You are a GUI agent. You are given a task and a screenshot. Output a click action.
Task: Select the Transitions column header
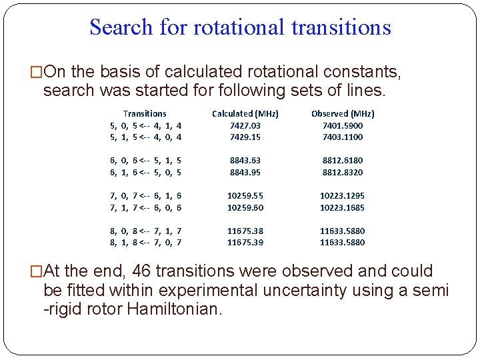pyautogui.click(x=145, y=114)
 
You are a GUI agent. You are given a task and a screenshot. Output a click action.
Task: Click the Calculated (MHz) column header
pyautogui.click(x=245, y=114)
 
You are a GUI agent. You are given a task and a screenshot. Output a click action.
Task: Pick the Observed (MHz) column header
pyautogui.click(x=343, y=114)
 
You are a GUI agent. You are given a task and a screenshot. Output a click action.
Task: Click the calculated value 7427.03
pyautogui.click(x=245, y=125)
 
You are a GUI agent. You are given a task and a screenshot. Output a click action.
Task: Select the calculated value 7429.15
pyautogui.click(x=245, y=137)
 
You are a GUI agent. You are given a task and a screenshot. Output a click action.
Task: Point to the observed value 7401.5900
pyautogui.click(x=343, y=125)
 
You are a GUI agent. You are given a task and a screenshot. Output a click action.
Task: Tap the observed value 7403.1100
pyautogui.click(x=343, y=137)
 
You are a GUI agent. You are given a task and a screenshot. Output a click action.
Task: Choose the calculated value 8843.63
pyautogui.click(x=245, y=161)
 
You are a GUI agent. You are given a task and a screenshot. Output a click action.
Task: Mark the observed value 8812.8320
pyautogui.click(x=343, y=173)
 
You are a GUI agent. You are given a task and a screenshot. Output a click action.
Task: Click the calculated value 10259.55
pyautogui.click(x=245, y=196)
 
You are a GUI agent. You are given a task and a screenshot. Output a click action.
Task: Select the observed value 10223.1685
pyautogui.click(x=343, y=208)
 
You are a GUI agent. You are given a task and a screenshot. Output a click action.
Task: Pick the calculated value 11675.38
pyautogui.click(x=245, y=231)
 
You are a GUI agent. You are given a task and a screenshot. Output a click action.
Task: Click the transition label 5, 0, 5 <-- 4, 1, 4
pyautogui.click(x=146, y=125)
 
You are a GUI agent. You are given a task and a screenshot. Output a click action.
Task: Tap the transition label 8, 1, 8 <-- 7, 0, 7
pyautogui.click(x=146, y=243)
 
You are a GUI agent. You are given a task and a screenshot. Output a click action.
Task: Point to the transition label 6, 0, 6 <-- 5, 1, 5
pyautogui.click(x=146, y=161)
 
